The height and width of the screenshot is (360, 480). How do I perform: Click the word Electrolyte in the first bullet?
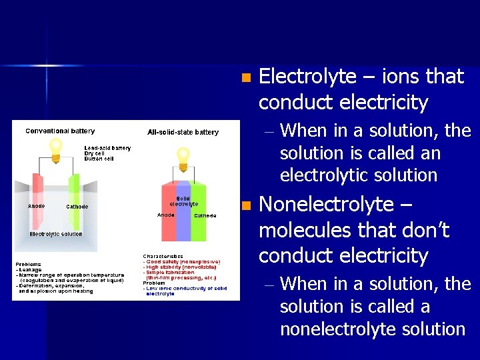(x=307, y=77)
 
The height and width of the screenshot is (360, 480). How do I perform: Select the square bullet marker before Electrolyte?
(x=247, y=78)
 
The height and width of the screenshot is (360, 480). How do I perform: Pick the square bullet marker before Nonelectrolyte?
(x=247, y=205)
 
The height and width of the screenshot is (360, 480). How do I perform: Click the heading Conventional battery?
(x=60, y=131)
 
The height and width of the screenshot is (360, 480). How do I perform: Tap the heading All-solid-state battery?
(x=183, y=132)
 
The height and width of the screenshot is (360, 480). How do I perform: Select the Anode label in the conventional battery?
(x=36, y=206)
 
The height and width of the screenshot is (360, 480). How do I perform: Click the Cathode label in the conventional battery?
(x=77, y=207)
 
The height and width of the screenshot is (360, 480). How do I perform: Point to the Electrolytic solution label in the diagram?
(x=56, y=234)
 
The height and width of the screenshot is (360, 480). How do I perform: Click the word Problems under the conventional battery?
(x=29, y=264)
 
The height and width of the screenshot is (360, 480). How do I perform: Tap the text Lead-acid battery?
(x=107, y=148)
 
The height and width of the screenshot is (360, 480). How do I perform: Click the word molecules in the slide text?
(x=297, y=231)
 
